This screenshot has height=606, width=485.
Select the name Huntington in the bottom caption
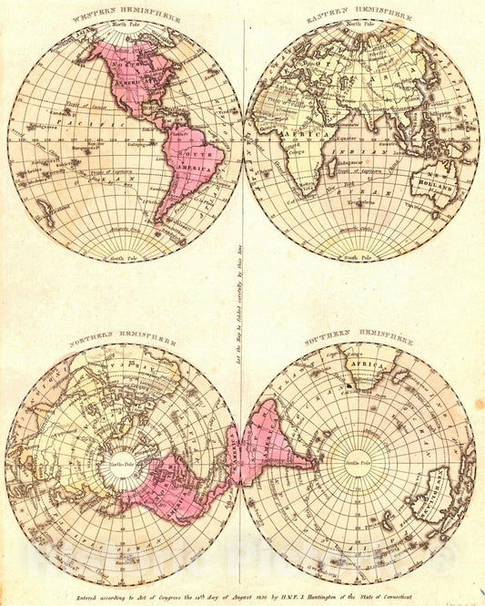(x=333, y=595)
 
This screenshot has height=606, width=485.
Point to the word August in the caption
(x=237, y=595)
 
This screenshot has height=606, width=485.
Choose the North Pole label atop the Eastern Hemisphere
(x=361, y=26)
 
